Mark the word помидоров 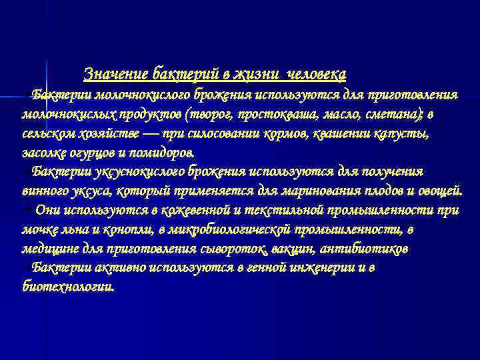(161, 152)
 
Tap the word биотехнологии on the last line (68, 287)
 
